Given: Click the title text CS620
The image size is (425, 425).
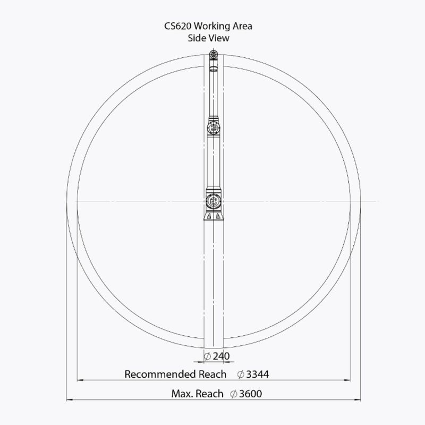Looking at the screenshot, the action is [178, 26].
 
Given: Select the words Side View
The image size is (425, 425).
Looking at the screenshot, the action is [208, 38].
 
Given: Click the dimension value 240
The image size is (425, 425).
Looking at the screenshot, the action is [221, 356].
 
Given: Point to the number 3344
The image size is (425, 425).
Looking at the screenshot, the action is [258, 375].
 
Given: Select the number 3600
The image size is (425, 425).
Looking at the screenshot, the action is [250, 394].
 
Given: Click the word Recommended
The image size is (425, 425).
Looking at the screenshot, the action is [160, 375].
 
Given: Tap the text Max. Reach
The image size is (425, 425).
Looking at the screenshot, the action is [197, 394].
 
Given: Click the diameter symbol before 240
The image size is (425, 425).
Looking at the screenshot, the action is [207, 356].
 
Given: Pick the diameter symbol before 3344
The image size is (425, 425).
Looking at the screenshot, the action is [241, 375].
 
